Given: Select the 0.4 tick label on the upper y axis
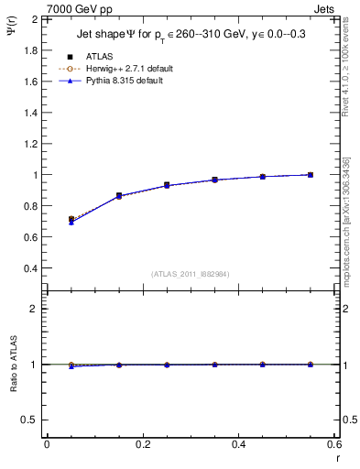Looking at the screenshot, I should [x=30, y=268].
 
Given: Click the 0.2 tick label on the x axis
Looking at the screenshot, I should [x=142, y=443].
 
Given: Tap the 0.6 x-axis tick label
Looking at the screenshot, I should [x=333, y=443].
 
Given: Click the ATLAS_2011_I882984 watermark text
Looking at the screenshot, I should [x=191, y=275].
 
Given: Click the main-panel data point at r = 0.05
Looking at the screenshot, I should [x=71, y=220].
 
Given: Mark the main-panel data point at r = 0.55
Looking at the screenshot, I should [x=311, y=175].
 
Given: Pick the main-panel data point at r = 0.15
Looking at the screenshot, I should [x=119, y=196].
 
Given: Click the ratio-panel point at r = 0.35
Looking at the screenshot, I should [x=214, y=365].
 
